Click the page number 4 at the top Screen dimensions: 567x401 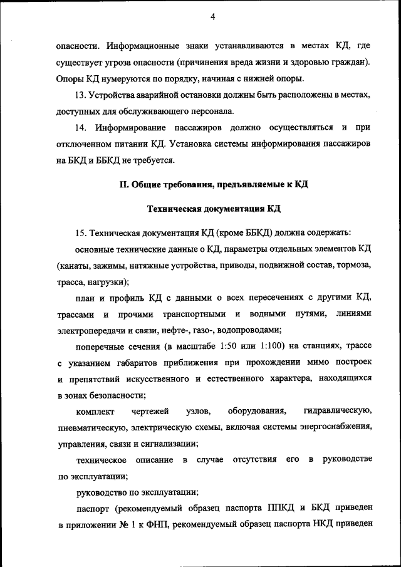pos(212,17)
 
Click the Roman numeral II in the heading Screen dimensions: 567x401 pos(124,184)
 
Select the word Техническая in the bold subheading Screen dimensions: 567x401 pos(175,208)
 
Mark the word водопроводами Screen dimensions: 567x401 pos(247,330)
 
